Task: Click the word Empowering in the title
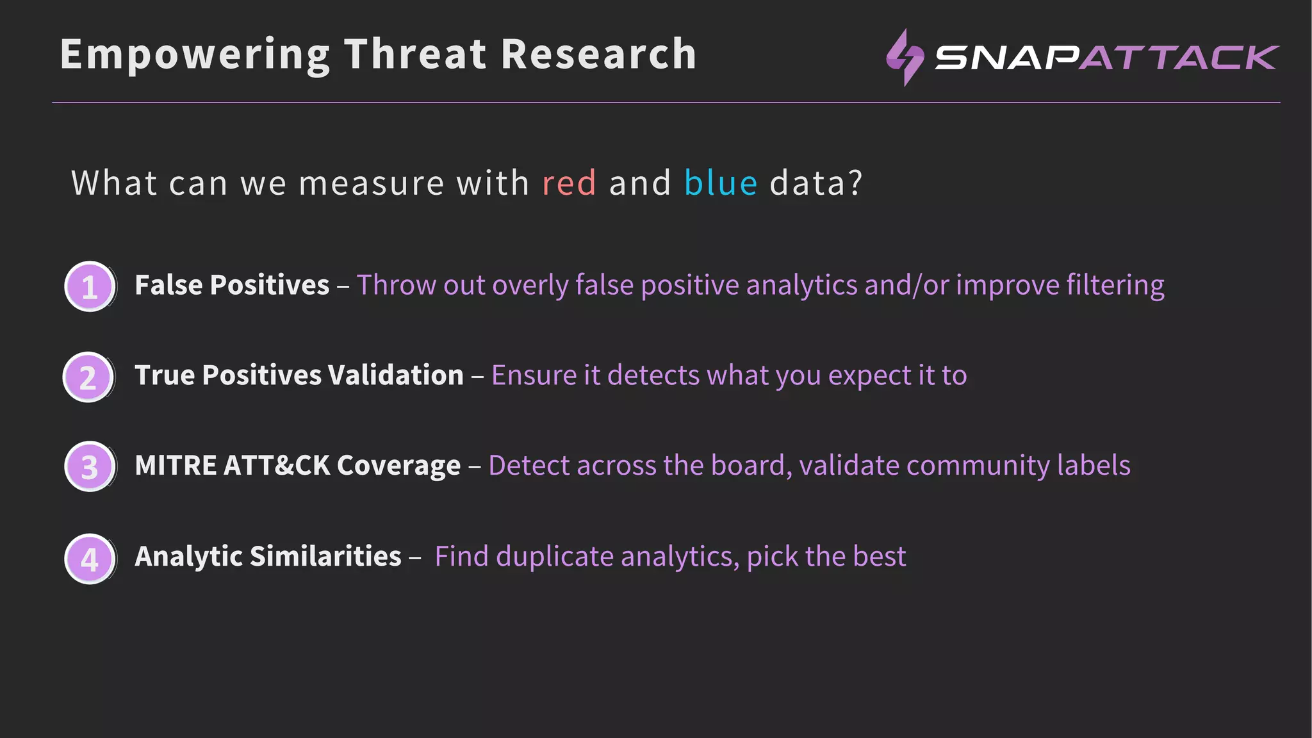[195, 55]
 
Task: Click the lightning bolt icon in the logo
[904, 58]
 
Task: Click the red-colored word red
[569, 183]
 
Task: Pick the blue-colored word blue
[721, 183]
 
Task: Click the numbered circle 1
[90, 286]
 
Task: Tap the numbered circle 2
[88, 377]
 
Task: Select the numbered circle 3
[90, 466]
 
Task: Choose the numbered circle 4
[90, 558]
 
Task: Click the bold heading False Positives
[232, 285]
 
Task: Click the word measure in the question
[372, 183]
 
